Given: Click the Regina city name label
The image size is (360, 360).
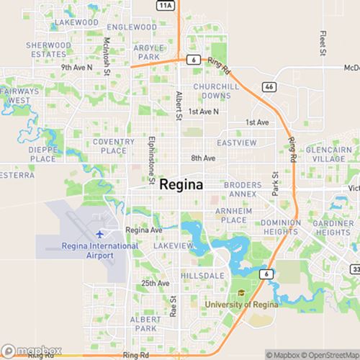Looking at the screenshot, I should tap(181, 184).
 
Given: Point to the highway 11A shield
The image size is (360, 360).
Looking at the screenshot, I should tap(167, 5).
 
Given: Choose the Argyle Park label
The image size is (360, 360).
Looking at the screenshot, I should tap(148, 52).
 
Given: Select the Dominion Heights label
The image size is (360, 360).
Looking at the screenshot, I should tap(285, 228).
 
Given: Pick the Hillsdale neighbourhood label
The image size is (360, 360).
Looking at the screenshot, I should tap(203, 276).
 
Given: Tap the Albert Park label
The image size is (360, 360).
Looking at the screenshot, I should tap(144, 323).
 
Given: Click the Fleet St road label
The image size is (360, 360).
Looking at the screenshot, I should tap(323, 45).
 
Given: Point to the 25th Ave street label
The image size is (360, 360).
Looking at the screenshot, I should tap(155, 284).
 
